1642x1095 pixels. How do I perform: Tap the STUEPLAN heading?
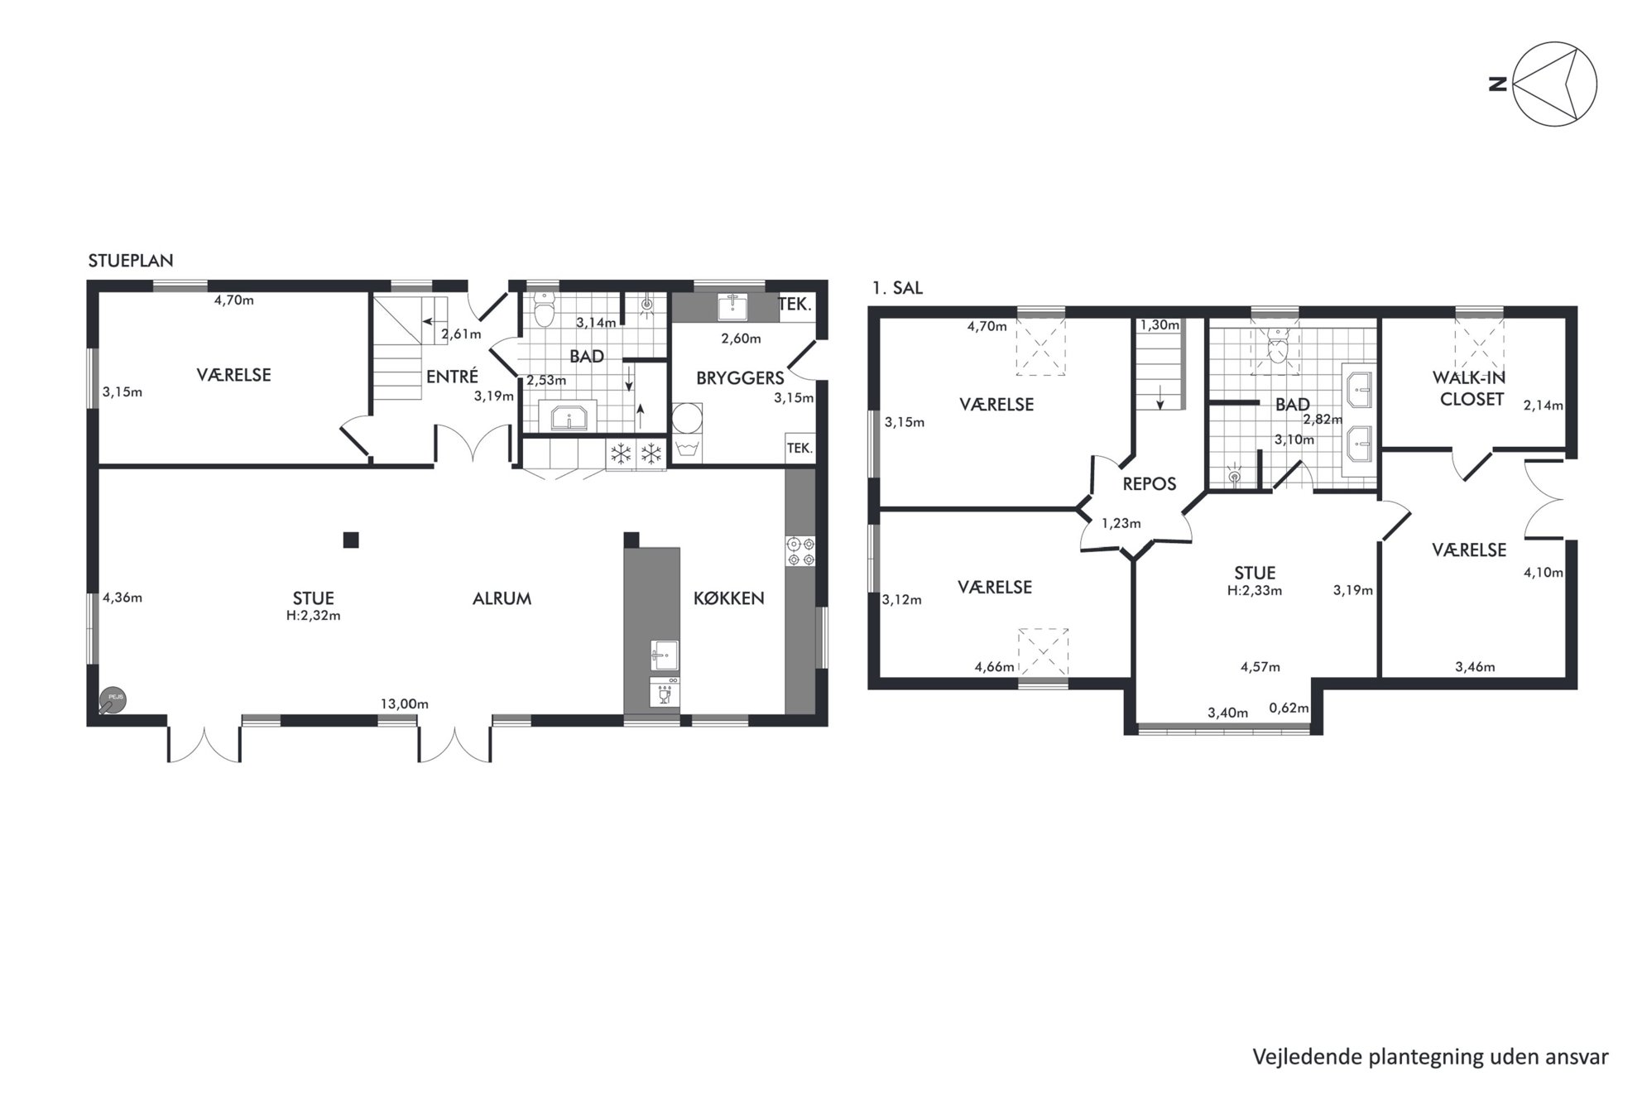point(131,261)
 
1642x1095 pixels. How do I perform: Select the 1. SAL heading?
point(897,288)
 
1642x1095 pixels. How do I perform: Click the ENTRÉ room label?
point(452,377)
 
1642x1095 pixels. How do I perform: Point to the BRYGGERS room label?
point(740,378)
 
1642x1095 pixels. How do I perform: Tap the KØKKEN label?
point(729,598)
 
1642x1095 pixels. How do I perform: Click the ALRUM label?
point(502,598)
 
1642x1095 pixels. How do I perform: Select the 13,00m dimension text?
point(405,704)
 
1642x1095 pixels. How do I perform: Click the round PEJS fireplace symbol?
point(112,699)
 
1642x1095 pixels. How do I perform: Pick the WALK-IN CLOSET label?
point(1469,388)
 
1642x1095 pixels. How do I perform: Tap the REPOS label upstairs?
point(1150,484)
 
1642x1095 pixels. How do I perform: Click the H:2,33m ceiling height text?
point(1256,591)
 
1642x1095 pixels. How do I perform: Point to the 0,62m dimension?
point(1289,708)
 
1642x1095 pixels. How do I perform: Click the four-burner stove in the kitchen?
point(800,552)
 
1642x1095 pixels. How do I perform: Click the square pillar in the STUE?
point(351,540)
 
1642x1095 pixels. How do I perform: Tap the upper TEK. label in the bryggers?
point(795,305)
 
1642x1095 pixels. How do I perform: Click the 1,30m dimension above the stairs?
point(1159,325)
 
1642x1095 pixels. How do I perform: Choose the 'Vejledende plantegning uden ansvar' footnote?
point(1431,1057)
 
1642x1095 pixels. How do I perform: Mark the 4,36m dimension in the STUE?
point(122,598)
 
